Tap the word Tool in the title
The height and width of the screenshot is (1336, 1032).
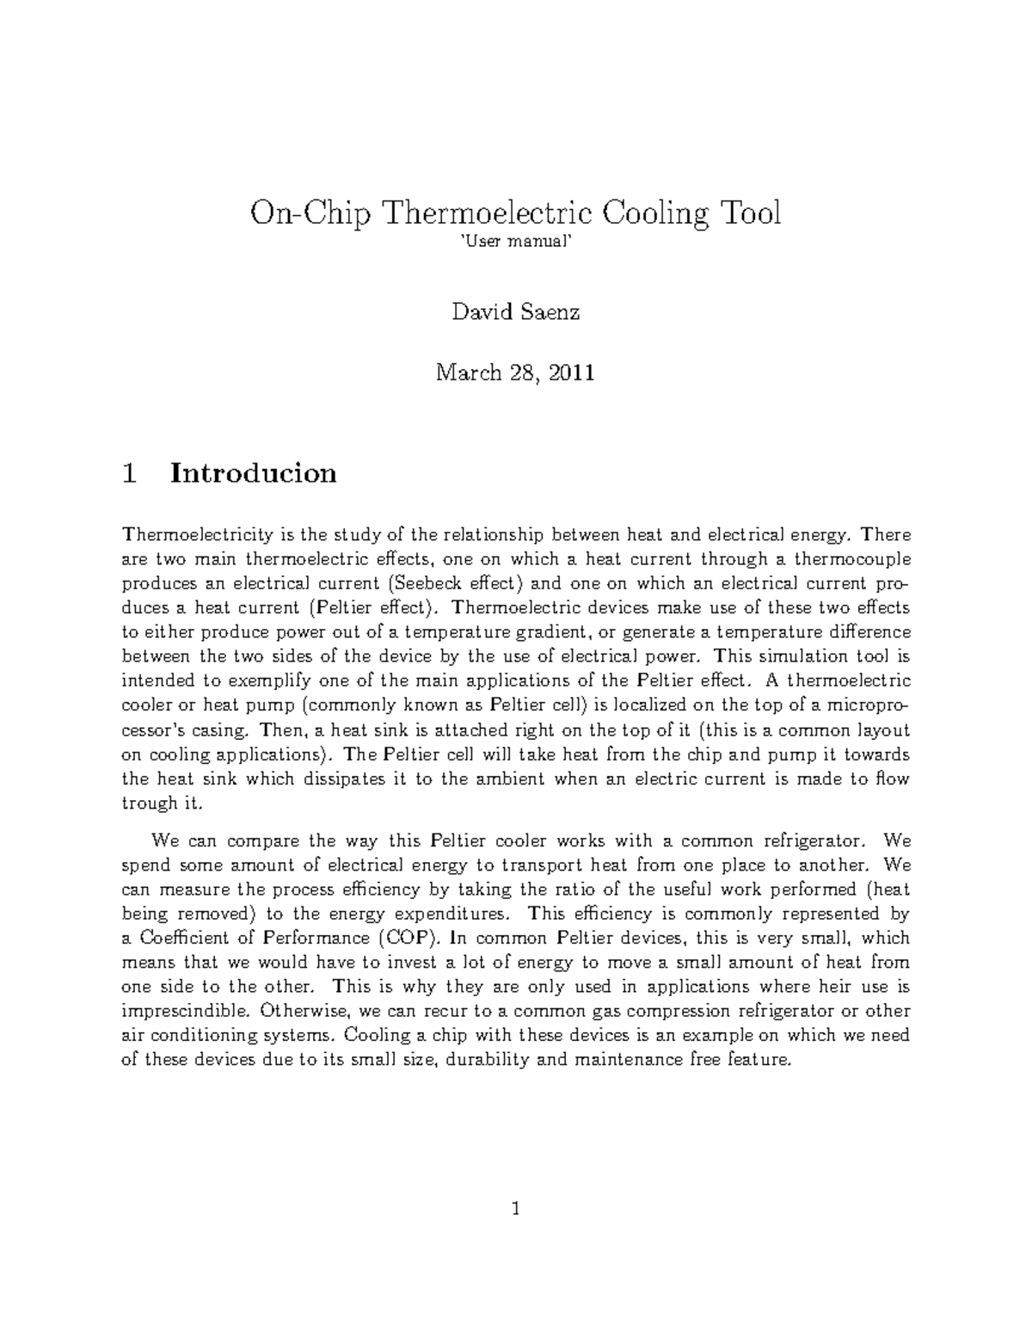coord(749,212)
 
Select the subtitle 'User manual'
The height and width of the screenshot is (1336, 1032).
coord(516,245)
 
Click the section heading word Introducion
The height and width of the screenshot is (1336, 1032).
coord(254,473)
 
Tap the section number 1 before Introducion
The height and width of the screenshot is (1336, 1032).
coord(130,473)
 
